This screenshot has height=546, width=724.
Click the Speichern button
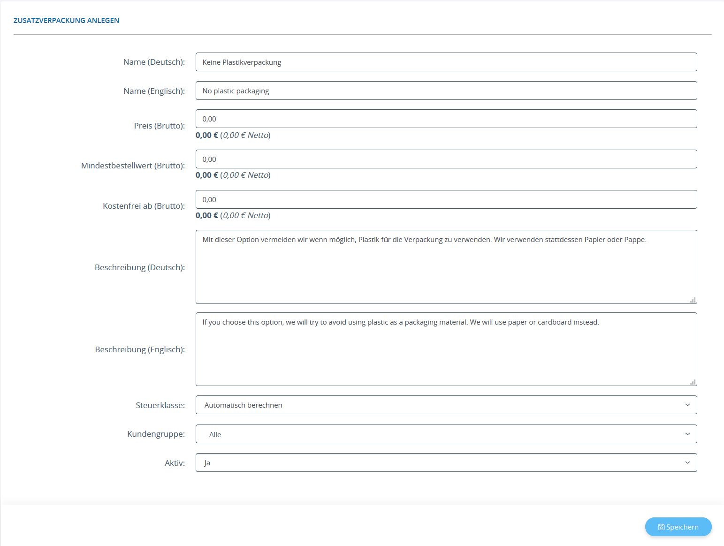tap(678, 527)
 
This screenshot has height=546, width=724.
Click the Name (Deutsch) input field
tap(446, 62)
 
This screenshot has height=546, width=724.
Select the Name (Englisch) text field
tap(446, 91)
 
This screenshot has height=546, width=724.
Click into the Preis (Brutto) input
tap(446, 119)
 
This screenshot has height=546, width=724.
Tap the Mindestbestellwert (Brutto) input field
tap(446, 159)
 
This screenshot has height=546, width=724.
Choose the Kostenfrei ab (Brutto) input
tap(446, 199)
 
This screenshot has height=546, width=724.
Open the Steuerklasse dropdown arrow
tap(687, 405)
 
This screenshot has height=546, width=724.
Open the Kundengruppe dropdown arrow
tap(687, 434)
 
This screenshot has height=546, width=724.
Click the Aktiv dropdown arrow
tap(687, 463)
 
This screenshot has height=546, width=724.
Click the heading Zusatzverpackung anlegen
tap(66, 21)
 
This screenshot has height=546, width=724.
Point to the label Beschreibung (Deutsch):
tap(140, 267)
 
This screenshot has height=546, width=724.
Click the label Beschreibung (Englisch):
tap(140, 349)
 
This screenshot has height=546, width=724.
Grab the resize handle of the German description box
tap(693, 300)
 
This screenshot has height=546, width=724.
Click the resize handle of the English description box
tap(693, 382)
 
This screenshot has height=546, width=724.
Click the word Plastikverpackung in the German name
tap(252, 62)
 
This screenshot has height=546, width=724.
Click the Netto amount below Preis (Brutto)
tap(246, 135)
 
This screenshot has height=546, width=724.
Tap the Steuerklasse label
tap(160, 405)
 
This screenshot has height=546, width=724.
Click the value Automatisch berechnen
tap(243, 405)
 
